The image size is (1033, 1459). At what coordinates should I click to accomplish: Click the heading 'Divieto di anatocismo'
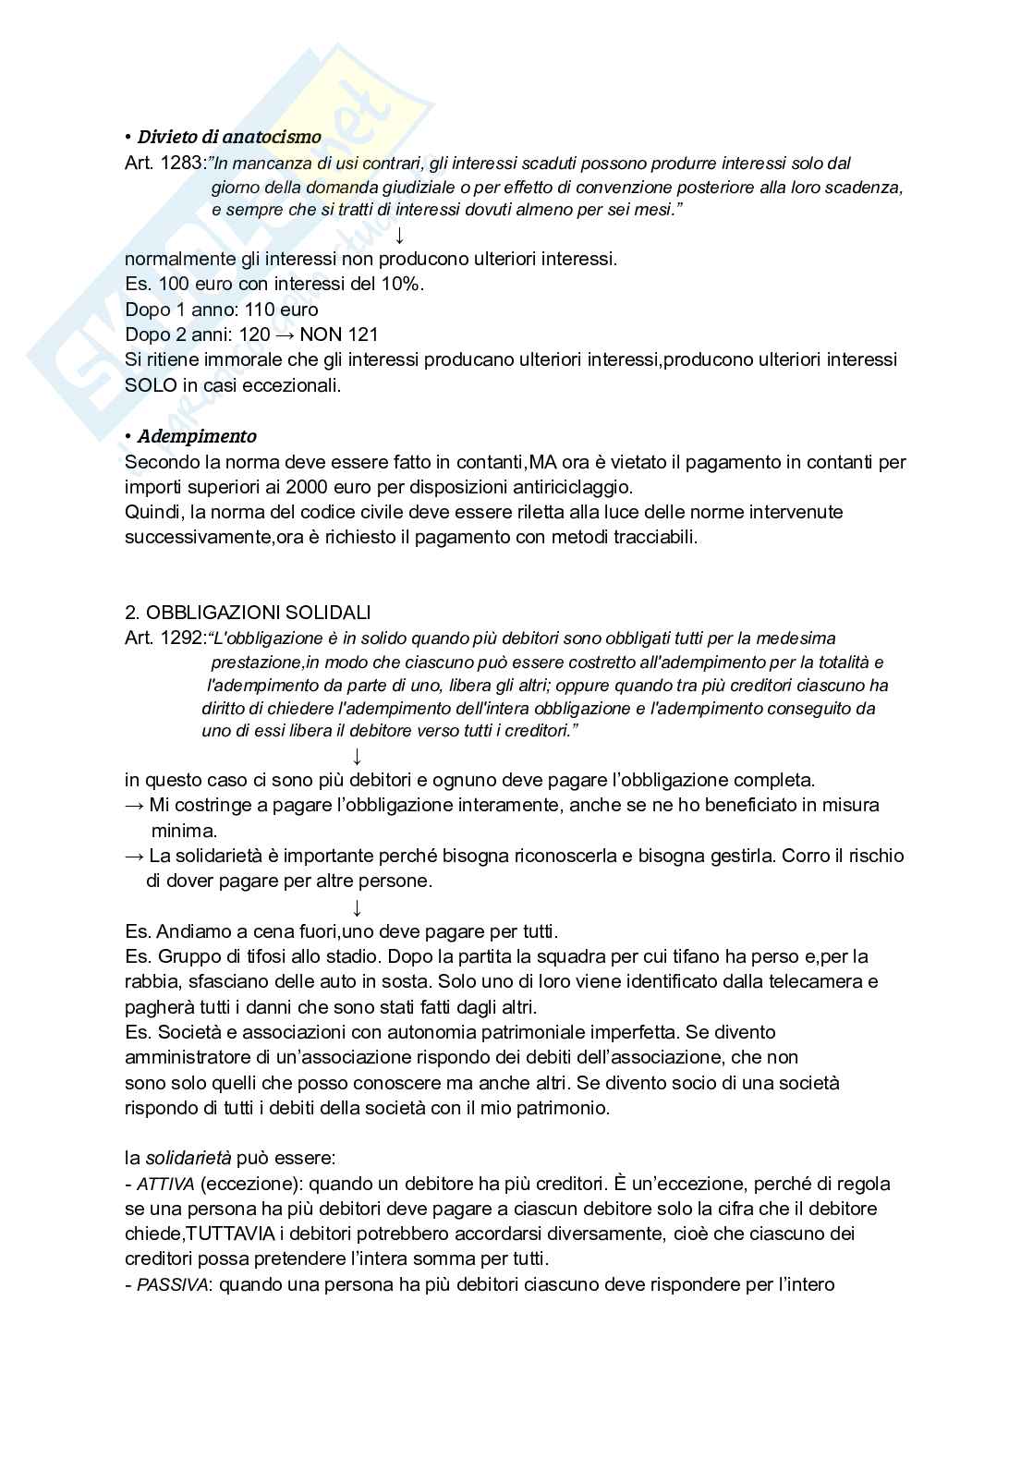(229, 138)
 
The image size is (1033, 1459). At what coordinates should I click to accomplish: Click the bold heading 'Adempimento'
(197, 436)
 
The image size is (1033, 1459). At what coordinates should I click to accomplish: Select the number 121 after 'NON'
(363, 334)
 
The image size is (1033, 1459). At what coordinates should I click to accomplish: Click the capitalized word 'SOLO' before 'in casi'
(151, 385)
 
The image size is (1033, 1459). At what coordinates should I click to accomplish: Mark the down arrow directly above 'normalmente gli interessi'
(400, 235)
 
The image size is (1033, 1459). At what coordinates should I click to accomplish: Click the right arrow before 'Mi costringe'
(134, 805)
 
